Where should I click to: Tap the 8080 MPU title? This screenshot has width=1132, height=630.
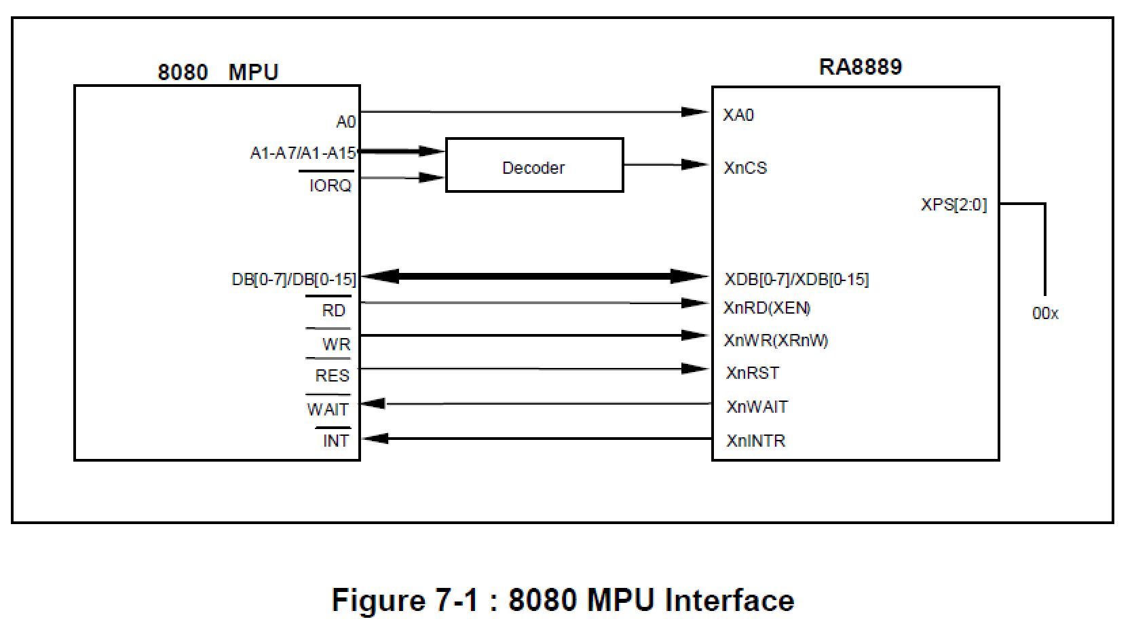[218, 72]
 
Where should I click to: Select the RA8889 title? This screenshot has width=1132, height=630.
[861, 67]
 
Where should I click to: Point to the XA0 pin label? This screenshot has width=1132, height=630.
[738, 115]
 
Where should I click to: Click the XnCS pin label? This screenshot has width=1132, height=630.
[745, 168]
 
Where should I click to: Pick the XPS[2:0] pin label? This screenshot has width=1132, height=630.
[954, 204]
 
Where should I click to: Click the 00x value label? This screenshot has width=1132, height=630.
[1045, 314]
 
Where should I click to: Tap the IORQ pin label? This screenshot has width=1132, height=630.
[330, 185]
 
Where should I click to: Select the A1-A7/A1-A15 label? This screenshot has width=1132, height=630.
[303, 153]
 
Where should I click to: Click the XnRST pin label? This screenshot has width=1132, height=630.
[753, 373]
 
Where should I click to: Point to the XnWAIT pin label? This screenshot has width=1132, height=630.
[757, 407]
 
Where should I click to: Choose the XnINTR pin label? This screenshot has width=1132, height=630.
[755, 441]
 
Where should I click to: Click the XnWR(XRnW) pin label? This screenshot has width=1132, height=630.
[776, 341]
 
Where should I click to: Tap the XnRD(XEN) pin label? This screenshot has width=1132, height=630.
[767, 308]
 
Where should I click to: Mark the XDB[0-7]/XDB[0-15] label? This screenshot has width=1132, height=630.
[797, 280]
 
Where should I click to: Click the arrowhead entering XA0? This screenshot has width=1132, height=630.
[696, 111]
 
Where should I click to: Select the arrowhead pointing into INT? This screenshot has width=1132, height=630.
[374, 439]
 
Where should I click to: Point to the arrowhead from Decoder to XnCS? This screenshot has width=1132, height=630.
[696, 164]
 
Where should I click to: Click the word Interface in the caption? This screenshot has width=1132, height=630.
[729, 601]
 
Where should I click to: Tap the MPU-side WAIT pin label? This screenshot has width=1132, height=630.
[328, 410]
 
